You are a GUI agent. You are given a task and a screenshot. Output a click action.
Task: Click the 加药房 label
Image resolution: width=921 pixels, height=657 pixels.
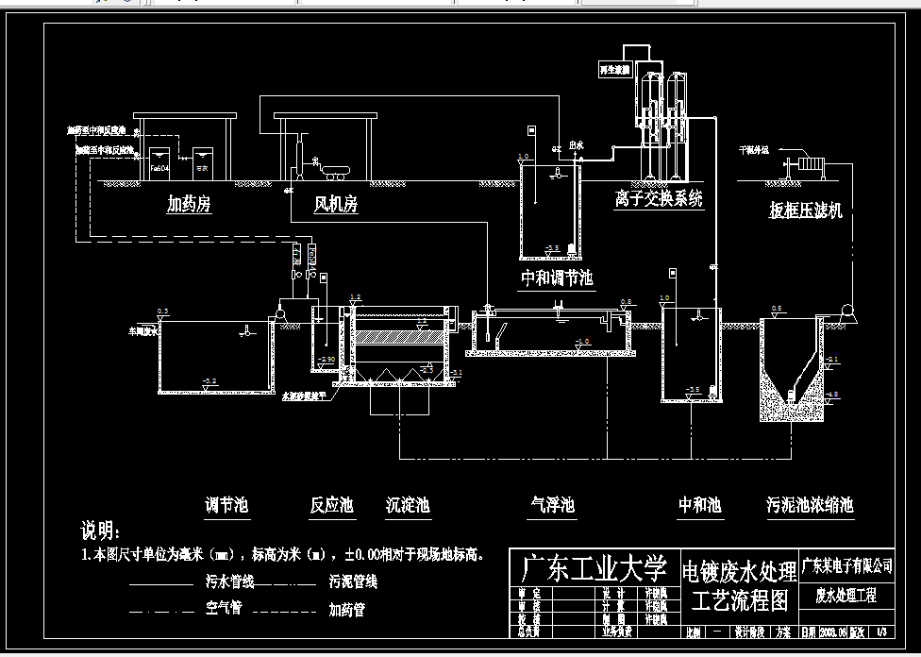189,204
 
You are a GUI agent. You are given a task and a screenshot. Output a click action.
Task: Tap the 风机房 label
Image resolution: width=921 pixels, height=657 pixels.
336,204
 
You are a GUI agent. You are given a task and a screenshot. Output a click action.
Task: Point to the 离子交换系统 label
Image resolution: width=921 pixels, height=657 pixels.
658,199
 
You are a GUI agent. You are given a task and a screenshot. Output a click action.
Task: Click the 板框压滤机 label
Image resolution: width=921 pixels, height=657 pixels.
805,211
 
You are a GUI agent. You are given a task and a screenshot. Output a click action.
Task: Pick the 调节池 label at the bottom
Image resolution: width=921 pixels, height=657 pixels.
226,506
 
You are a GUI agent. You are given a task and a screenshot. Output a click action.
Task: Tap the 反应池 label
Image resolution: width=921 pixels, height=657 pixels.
331,506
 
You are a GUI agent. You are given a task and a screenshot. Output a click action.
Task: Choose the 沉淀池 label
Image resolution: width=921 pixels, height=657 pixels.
408,506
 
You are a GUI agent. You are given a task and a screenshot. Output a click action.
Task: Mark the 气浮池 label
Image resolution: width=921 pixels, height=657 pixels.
552,506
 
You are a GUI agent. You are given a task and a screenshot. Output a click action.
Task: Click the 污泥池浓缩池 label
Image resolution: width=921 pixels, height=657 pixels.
810,506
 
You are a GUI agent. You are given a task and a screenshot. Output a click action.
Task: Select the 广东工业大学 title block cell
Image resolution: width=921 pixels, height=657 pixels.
592,568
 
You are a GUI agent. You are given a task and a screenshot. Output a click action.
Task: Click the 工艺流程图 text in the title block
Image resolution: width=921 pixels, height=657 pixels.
739,599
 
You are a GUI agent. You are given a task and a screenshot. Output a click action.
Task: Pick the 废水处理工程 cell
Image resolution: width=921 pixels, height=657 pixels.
846,596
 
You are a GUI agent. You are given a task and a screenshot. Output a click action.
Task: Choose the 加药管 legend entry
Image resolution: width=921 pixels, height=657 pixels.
346,610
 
